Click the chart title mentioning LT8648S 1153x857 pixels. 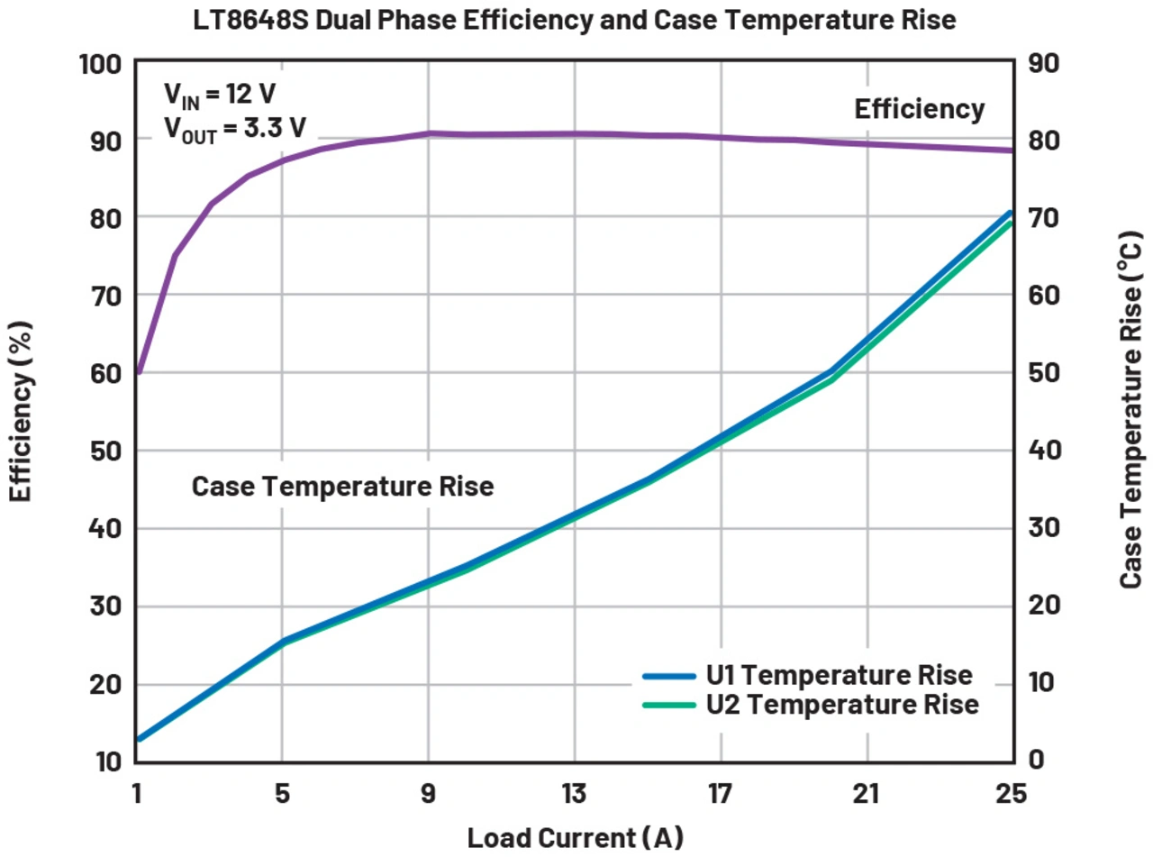[x=576, y=19]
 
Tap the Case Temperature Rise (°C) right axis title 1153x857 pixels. [x=1131, y=411]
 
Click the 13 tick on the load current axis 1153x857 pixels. [x=575, y=795]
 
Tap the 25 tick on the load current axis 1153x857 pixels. [x=1012, y=795]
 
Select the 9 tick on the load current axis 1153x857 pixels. [x=429, y=795]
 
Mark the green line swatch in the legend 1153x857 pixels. [x=668, y=705]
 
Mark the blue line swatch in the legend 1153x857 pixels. [x=668, y=675]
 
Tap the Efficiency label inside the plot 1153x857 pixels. [x=919, y=109]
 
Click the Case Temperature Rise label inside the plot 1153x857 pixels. [x=343, y=487]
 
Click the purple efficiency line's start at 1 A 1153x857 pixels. [x=139, y=371]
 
